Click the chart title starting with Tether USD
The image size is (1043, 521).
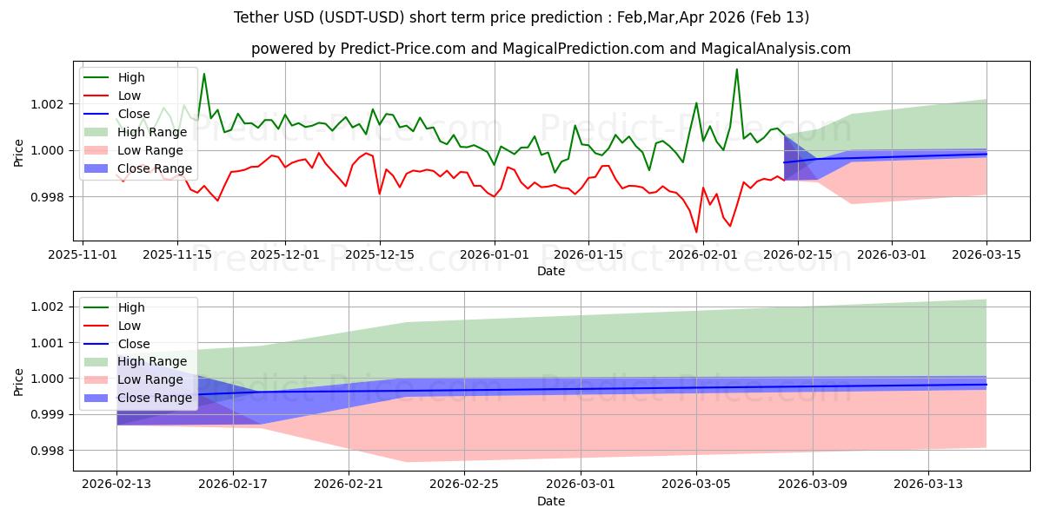click(x=521, y=17)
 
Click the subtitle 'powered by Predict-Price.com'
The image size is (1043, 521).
click(x=551, y=49)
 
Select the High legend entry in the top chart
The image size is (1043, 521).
click(x=130, y=77)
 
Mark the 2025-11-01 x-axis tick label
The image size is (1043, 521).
click(x=83, y=254)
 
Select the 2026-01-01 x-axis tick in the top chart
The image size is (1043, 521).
click(x=495, y=254)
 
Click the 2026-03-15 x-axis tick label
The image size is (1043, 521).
click(x=987, y=254)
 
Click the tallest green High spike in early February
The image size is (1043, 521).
click(x=737, y=69)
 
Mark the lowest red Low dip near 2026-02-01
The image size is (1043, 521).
click(x=696, y=232)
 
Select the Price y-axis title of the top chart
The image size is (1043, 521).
click(x=19, y=151)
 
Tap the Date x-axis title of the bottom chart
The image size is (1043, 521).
click(x=551, y=501)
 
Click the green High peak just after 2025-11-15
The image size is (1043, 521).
click(x=204, y=74)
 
